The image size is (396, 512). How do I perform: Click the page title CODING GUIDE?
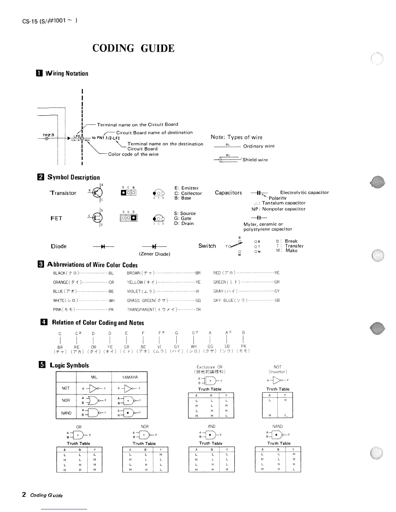[x=133, y=48]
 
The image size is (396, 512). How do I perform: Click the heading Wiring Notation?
[x=67, y=73]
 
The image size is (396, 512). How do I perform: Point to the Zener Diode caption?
[x=154, y=254]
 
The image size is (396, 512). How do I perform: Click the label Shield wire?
[x=255, y=160]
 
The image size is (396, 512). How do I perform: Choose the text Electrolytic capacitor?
[x=304, y=192]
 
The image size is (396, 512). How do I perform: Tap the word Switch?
[x=207, y=246]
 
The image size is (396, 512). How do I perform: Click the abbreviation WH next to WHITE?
[x=112, y=301]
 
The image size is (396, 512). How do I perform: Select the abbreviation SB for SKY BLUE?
[x=277, y=300]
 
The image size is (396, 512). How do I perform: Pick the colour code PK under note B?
[x=244, y=346]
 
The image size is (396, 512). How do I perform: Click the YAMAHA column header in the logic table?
[x=130, y=377]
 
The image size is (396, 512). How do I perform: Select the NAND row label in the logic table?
[x=66, y=413]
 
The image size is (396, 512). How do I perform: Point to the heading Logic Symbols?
[x=69, y=365]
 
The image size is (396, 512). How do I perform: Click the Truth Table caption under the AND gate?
[x=211, y=443]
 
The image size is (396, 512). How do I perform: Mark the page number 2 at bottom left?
[x=24, y=494]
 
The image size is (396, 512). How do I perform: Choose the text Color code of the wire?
[x=133, y=155]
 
